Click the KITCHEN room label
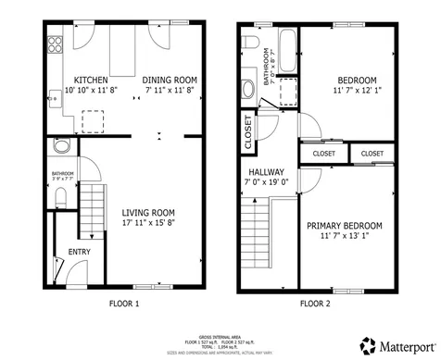coord(91,80)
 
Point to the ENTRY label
coord(80,251)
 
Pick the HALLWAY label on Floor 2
coord(266,172)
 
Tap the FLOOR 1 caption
coord(123,303)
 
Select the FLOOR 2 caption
coord(317,303)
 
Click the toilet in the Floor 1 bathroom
coord(61,195)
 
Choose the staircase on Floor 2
coord(258,233)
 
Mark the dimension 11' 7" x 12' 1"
coord(356,91)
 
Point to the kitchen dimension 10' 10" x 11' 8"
coord(91,91)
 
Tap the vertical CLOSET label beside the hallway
coord(248,130)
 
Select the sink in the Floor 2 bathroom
coord(247,89)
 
